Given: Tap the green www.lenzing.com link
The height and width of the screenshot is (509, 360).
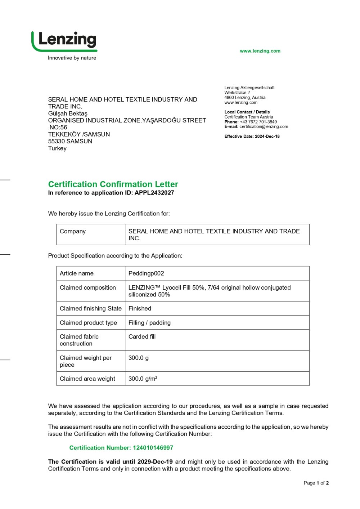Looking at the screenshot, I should pyautogui.click(x=260, y=51).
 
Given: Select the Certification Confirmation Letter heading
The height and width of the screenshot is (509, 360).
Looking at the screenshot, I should pyautogui.click(x=113, y=184).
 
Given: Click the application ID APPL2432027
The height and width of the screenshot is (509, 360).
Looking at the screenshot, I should pyautogui.click(x=154, y=193).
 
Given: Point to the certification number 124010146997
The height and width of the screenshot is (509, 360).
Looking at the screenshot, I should pyautogui.click(x=153, y=448).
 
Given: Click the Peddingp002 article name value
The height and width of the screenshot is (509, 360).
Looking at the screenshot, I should pyautogui.click(x=146, y=273).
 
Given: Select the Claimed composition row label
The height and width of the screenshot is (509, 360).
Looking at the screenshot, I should pyautogui.click(x=87, y=287).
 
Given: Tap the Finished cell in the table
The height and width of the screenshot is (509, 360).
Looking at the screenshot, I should pyautogui.click(x=140, y=308).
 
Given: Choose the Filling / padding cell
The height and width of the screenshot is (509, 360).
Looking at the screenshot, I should pyautogui.click(x=149, y=323).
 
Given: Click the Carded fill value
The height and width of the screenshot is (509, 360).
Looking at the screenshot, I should pyautogui.click(x=142, y=336).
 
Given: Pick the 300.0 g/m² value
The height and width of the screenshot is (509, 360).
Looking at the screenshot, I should pyautogui.click(x=143, y=379).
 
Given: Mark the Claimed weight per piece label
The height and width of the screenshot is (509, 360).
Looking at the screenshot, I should pyautogui.click(x=86, y=361).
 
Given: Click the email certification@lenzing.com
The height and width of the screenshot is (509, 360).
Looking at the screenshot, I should pyautogui.click(x=264, y=127).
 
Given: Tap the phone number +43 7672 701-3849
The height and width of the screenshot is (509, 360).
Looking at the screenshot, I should pyautogui.click(x=258, y=122).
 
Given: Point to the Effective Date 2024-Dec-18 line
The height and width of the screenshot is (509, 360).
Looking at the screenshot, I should pyautogui.click(x=252, y=137).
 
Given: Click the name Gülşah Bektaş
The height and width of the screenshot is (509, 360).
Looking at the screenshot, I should pyautogui.click(x=68, y=113).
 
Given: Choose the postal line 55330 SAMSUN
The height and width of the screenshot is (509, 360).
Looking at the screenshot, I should pyautogui.click(x=70, y=141).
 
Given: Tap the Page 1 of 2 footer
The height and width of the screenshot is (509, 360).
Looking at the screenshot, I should pyautogui.click(x=316, y=483).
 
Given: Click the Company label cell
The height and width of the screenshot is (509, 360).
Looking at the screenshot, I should pyautogui.click(x=73, y=231).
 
